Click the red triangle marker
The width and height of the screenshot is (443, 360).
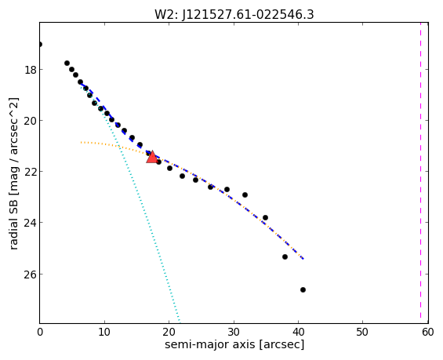pyautogui.click(x=152, y=157)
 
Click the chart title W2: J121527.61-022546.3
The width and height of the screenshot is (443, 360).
pyautogui.click(x=234, y=14)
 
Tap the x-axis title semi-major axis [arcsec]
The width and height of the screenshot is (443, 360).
pyautogui.click(x=234, y=344)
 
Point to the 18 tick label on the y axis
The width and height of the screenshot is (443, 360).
pyautogui.click(x=31, y=70)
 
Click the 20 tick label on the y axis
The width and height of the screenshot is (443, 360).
pyautogui.click(x=31, y=121)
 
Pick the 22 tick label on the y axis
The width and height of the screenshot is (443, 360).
pyautogui.click(x=31, y=172)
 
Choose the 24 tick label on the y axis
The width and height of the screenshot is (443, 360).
pyautogui.click(x=31, y=223)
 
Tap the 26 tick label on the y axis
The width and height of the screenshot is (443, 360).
pyautogui.click(x=31, y=275)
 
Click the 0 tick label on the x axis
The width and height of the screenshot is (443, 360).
pyautogui.click(x=40, y=332)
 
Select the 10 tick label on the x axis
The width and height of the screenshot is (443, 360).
pyautogui.click(x=104, y=332)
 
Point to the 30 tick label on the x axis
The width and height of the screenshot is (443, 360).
pyautogui.click(x=234, y=332)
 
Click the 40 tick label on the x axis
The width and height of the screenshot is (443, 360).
pyautogui.click(x=298, y=332)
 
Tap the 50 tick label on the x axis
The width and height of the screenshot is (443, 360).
pyautogui.click(x=362, y=332)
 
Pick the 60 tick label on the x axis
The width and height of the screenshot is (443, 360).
pyautogui.click(x=427, y=332)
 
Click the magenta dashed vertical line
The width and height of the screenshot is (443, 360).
pyautogui.click(x=420, y=173)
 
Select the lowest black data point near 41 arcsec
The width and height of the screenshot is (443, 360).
pyautogui.click(x=303, y=289)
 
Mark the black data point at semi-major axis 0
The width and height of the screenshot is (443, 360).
pyautogui.click(x=40, y=45)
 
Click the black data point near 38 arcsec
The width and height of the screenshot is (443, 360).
pyautogui.click(x=285, y=256)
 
